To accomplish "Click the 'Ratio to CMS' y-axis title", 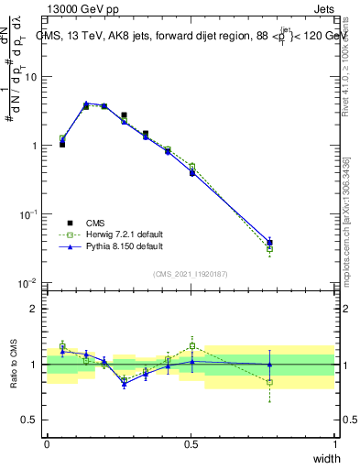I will (x=13, y=365).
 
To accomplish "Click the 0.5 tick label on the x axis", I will (x=191, y=444).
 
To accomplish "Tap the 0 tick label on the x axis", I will (x=47, y=444).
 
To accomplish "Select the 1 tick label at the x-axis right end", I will (x=335, y=444).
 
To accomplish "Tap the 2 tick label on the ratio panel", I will (x=34, y=309).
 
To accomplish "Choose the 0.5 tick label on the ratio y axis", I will (x=30, y=420).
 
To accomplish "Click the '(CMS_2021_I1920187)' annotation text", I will (x=191, y=272).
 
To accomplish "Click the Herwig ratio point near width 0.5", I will (x=192, y=346).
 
